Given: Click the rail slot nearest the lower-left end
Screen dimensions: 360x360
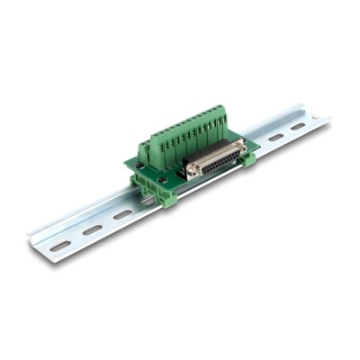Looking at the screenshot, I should pos(60,245).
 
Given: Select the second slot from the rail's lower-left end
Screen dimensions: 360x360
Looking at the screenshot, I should pos(92,229).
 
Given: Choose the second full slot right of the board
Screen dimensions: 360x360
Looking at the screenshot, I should pos(297,127).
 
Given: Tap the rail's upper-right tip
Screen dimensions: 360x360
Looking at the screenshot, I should pos(326,116).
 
